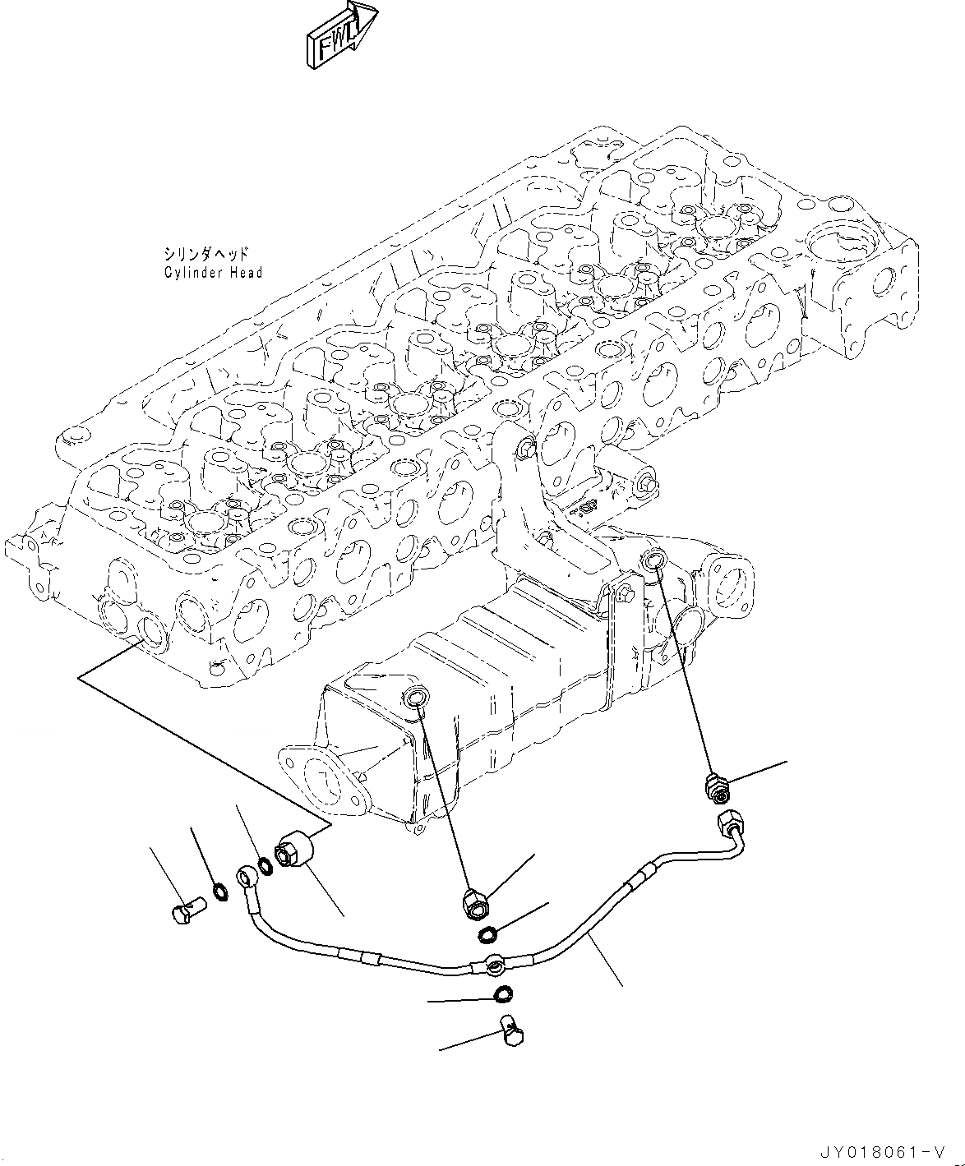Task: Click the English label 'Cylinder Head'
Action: tap(212, 272)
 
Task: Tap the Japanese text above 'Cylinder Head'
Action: tap(205, 254)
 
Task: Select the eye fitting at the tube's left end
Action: tap(247, 877)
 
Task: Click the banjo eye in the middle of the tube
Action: tap(494, 963)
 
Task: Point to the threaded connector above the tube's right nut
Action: tap(717, 786)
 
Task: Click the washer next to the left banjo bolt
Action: tap(219, 892)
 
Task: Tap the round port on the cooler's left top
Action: tap(414, 699)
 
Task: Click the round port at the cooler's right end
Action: tap(653, 560)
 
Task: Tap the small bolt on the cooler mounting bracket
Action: tap(630, 592)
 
